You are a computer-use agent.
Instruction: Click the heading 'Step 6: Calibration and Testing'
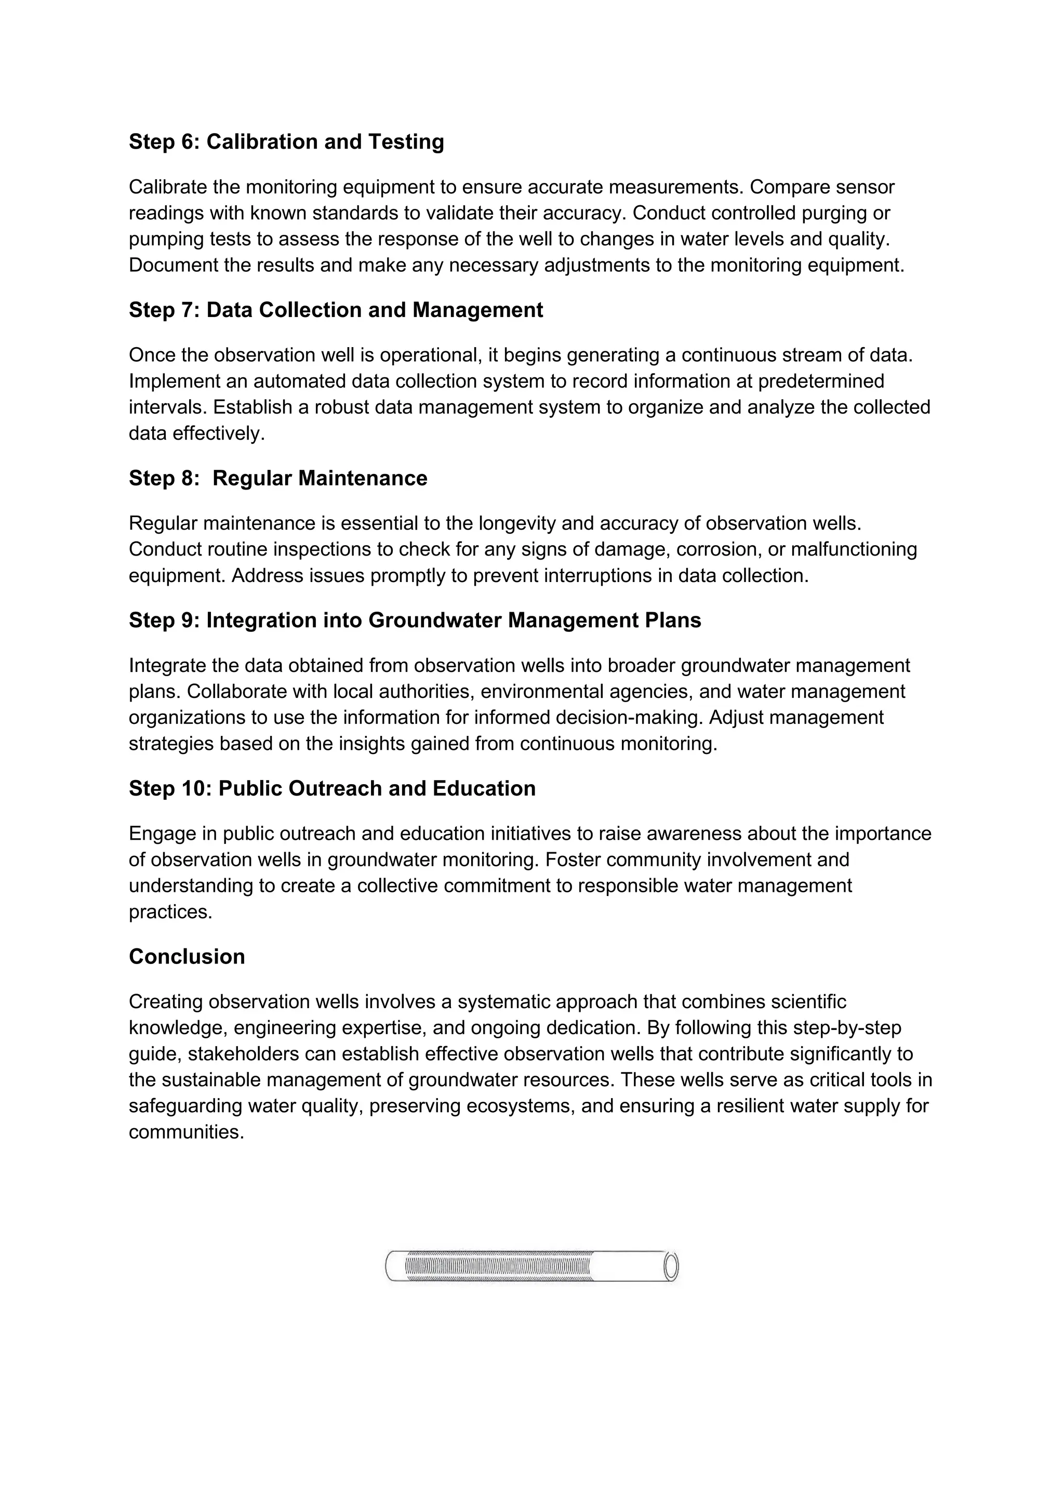pyautogui.click(x=286, y=141)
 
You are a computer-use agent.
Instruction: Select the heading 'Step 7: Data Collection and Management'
pyautogui.click(x=336, y=310)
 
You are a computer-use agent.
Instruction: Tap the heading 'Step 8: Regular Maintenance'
pyautogui.click(x=278, y=479)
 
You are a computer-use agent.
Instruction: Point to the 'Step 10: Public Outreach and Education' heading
pyautogui.click(x=332, y=788)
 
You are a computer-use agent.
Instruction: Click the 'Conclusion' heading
pyautogui.click(x=187, y=957)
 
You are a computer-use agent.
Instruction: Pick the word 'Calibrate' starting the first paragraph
pyautogui.click(x=168, y=188)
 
